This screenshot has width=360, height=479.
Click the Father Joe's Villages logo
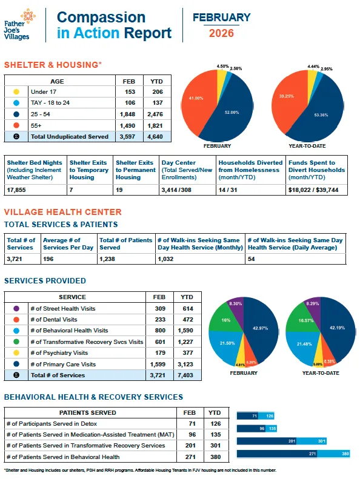(x=21, y=24)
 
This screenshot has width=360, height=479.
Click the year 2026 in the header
(x=221, y=33)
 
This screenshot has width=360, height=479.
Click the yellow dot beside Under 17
(x=16, y=91)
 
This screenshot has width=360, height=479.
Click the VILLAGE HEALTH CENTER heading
(x=62, y=212)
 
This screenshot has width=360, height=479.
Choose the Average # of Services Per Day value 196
(x=49, y=259)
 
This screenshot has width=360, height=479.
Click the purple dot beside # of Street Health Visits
(x=16, y=308)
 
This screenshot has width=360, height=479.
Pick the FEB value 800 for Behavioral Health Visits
(x=159, y=331)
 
